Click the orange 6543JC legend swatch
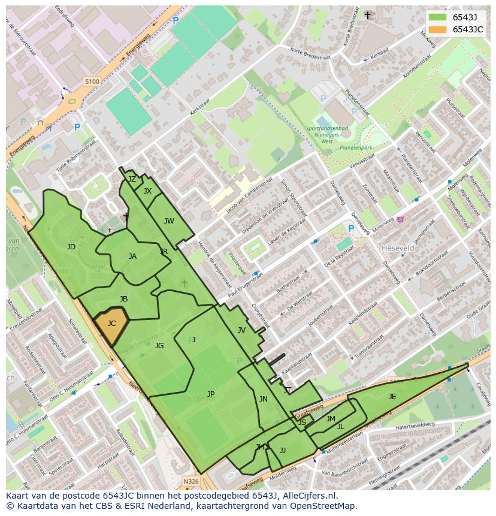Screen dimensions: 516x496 [x=438, y=30]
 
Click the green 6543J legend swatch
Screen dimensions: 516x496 [x=438, y=17]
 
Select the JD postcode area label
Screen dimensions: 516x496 [x=71, y=247]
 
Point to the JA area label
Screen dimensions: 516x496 [x=132, y=257]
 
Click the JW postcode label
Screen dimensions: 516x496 [x=169, y=221]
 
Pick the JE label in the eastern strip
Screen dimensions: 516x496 [x=392, y=397]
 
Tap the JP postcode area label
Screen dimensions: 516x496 [x=211, y=394]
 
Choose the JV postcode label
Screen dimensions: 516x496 [x=241, y=330]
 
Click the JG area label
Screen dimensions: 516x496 [x=159, y=346]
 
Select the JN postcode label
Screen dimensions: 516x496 [x=264, y=399]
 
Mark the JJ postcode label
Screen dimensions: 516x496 [x=283, y=451]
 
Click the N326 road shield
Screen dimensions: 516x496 [x=191, y=481]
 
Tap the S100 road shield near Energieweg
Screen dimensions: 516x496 [x=92, y=82]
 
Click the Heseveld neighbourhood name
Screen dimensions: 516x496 [x=398, y=248]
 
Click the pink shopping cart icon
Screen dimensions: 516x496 [x=400, y=219]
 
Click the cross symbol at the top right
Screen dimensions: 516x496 [x=368, y=15]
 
